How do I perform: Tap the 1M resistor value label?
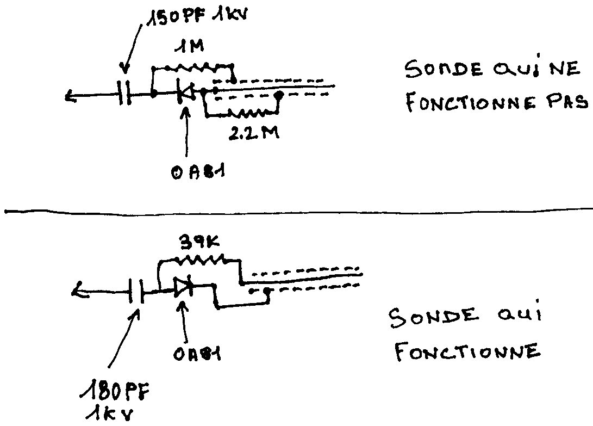189,46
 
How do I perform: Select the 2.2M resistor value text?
254,133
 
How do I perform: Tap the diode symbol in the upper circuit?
186,92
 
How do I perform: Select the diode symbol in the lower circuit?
183,287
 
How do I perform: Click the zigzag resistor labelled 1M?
193,67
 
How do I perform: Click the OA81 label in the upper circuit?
198,173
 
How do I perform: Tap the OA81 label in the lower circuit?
197,354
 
